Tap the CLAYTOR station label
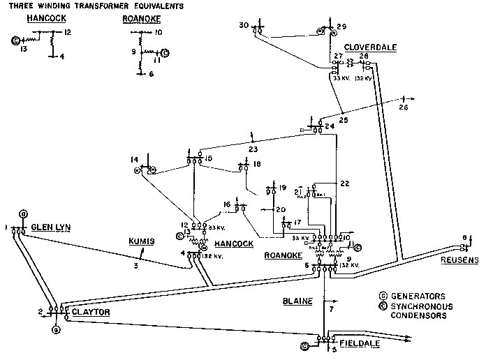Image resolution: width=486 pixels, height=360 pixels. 90,313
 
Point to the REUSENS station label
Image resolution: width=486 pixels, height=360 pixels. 459,260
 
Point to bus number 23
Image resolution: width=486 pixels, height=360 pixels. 253,148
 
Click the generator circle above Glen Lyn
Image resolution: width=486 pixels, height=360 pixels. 23,213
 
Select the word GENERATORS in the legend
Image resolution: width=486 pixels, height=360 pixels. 409,296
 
